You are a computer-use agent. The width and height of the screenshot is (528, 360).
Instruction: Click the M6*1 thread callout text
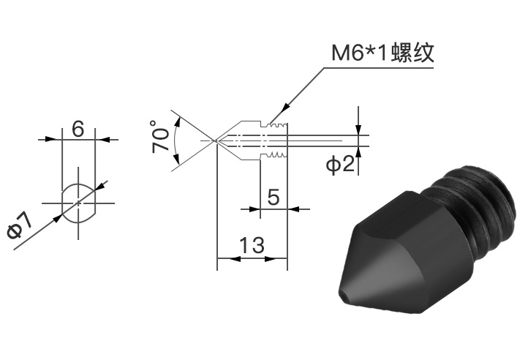[383, 53]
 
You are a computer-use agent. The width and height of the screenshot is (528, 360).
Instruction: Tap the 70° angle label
[160, 137]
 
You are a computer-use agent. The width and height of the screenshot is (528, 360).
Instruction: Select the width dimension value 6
[78, 129]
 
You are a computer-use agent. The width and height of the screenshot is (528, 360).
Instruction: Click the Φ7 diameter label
[20, 226]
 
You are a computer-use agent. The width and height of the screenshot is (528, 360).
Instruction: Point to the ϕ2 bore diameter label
[340, 164]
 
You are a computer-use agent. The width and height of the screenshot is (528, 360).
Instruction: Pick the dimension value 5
[274, 197]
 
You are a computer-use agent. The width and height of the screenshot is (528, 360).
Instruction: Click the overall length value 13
[252, 245]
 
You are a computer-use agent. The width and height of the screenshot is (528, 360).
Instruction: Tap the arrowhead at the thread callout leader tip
[285, 106]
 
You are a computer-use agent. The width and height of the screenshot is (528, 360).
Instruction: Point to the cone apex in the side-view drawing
[216, 140]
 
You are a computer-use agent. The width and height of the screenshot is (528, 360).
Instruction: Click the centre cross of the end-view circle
[78, 203]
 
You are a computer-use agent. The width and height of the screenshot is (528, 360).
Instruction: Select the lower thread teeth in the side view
[276, 155]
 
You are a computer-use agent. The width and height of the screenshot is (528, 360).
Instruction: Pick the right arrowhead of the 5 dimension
[293, 209]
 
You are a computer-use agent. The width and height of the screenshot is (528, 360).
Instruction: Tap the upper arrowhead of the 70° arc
[178, 121]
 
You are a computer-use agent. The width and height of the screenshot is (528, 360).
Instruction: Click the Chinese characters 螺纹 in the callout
[413, 53]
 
